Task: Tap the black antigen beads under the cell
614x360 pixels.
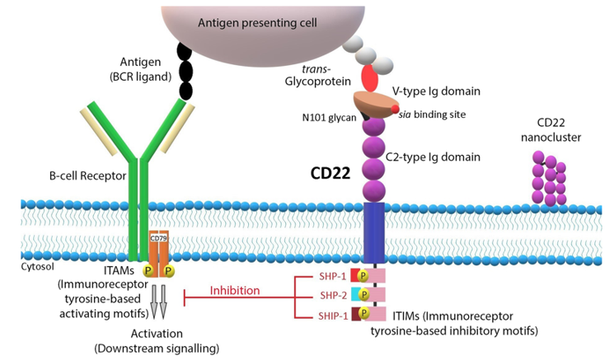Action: point(186,69)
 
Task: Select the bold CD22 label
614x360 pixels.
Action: point(329,174)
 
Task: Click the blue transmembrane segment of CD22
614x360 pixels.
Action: point(376,230)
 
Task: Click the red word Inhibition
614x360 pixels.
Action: point(235,290)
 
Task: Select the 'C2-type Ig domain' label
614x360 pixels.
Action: point(446,156)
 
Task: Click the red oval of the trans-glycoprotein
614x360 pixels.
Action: point(369,80)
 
